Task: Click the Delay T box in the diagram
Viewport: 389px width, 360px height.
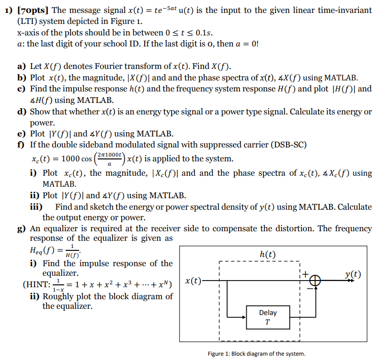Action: click(x=267, y=316)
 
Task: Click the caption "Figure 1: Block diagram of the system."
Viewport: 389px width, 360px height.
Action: click(x=256, y=354)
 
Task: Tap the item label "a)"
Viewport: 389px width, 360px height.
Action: click(x=22, y=66)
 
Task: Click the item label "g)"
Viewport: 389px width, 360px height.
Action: click(x=22, y=228)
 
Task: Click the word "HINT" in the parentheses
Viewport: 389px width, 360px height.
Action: click(x=36, y=285)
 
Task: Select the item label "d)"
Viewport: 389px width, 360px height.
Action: click(x=22, y=112)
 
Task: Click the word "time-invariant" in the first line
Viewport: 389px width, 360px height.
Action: click(x=343, y=10)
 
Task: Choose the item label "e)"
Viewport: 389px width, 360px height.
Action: click(x=22, y=134)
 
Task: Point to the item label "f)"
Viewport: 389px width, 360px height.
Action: click(x=22, y=145)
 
